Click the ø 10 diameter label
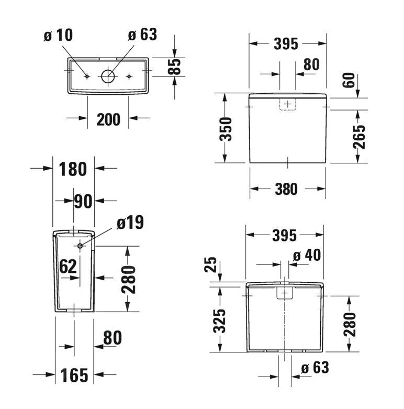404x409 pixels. pyautogui.click(x=58, y=35)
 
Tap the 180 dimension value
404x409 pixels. pyautogui.click(x=73, y=169)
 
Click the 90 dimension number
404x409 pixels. pyautogui.click(x=83, y=201)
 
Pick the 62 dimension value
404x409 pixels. pyautogui.click(x=68, y=266)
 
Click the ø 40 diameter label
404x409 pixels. pyautogui.click(x=307, y=256)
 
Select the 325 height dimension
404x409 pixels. pyautogui.click(x=220, y=320)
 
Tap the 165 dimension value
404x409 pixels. pyautogui.click(x=73, y=375)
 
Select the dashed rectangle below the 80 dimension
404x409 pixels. pyautogui.click(x=287, y=104)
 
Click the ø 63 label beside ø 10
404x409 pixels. pyautogui.click(x=142, y=35)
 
